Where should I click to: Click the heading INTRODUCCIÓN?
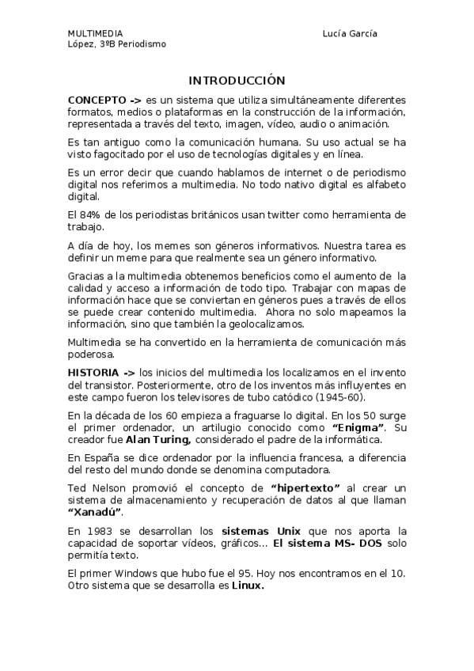237,81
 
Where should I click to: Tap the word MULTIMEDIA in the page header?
95,34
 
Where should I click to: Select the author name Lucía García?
350,34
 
